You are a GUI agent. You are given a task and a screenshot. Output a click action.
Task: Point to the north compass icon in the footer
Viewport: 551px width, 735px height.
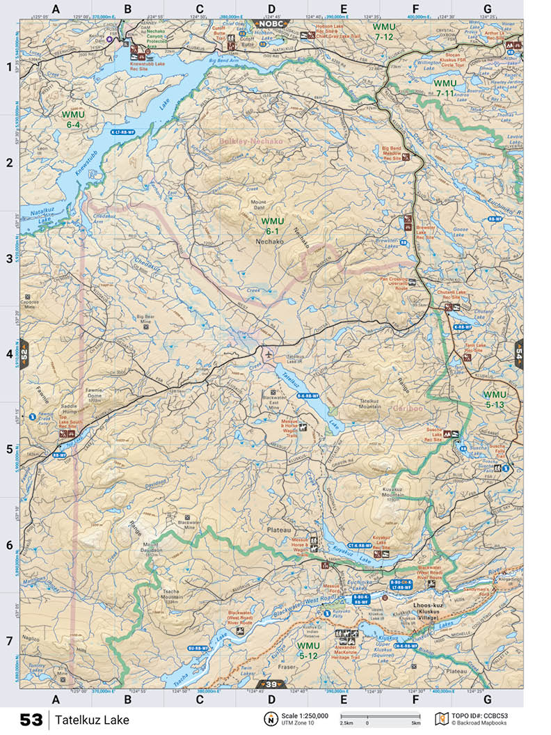point(269,719)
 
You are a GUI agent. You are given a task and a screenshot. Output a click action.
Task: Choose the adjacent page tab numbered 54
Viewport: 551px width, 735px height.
point(519,352)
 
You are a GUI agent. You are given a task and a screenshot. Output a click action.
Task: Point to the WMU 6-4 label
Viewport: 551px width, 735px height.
point(74,119)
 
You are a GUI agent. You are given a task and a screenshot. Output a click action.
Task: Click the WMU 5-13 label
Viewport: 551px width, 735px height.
point(495,400)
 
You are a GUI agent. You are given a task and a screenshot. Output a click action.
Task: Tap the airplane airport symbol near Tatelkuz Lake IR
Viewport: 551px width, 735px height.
point(269,354)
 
